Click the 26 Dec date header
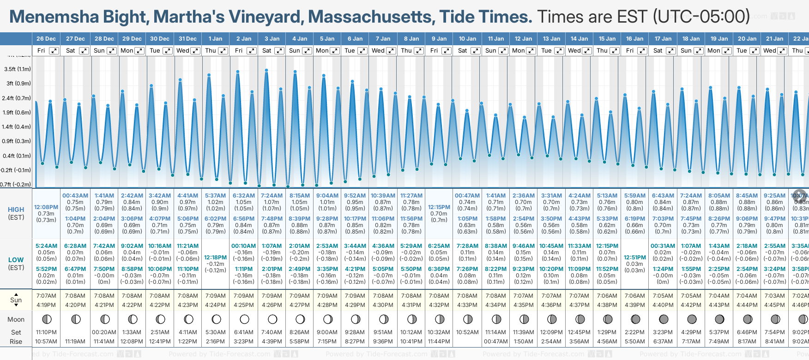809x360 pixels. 46,39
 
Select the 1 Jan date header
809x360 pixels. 215,39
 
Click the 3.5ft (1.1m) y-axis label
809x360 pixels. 17,69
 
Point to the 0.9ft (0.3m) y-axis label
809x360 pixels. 17,141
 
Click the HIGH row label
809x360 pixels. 16,210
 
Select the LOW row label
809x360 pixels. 16,260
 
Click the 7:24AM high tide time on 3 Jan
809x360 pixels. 272,196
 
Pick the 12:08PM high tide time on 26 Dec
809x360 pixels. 46,207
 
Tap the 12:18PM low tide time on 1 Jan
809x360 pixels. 216,258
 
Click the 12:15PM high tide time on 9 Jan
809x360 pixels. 439,207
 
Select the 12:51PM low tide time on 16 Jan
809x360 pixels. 635,258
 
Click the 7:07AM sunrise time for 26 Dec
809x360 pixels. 46,296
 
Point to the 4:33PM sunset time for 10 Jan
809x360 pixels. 467,305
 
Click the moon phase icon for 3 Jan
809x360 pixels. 272,319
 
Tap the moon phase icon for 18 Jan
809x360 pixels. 692,319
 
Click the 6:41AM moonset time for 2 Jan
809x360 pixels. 244,332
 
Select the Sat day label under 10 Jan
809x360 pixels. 462,51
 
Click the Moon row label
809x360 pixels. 16,319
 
